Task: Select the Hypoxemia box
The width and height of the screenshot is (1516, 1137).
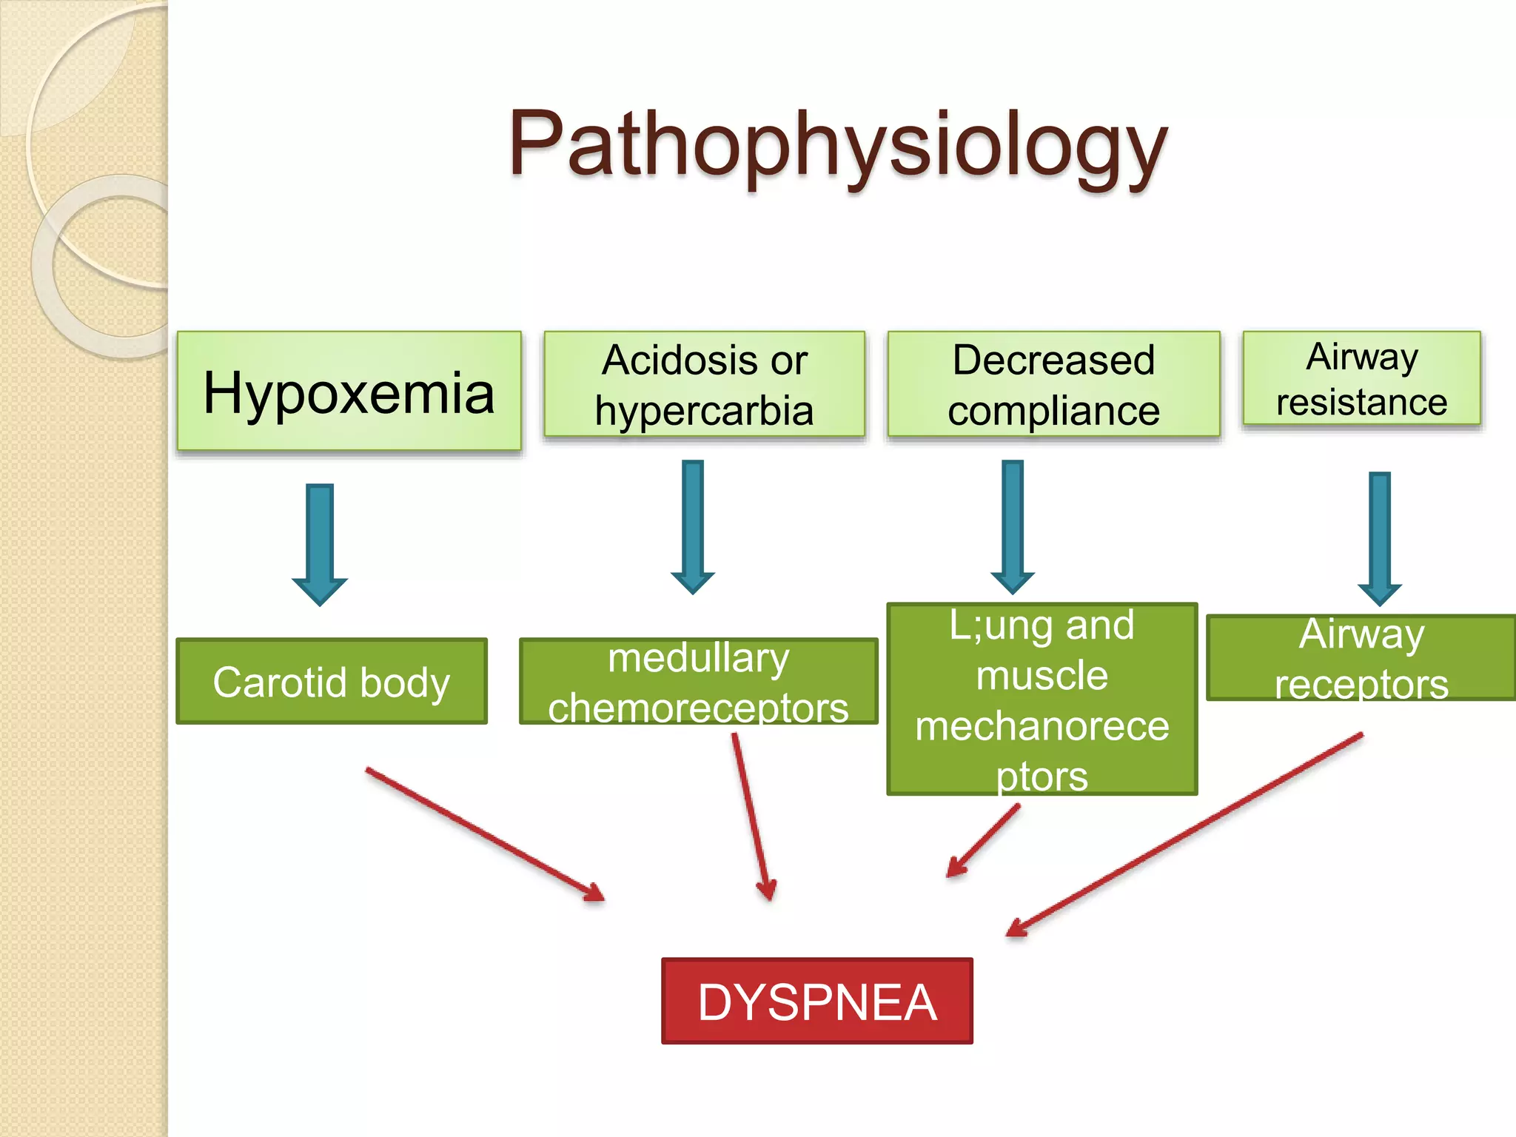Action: tap(349, 392)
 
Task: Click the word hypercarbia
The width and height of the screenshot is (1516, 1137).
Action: tap(704, 411)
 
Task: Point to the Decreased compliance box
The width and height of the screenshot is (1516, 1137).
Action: tap(1053, 384)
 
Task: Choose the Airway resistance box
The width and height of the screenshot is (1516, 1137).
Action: tap(1361, 379)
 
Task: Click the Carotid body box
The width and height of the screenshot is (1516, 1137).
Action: tap(332, 681)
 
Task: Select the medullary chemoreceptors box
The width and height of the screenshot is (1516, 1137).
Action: tap(698, 681)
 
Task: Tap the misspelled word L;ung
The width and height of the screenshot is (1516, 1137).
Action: tap(1002, 625)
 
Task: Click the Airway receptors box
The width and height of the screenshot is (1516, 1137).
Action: tap(1361, 657)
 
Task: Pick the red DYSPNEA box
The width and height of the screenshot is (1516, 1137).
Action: tap(816, 1002)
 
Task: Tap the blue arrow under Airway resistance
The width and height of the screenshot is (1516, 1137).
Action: tap(1380, 536)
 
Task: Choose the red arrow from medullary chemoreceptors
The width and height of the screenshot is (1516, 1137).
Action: tap(752, 814)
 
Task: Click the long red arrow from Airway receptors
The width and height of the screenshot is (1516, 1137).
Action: tap(1184, 835)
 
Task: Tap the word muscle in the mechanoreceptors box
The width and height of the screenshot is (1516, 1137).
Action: tap(1042, 676)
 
